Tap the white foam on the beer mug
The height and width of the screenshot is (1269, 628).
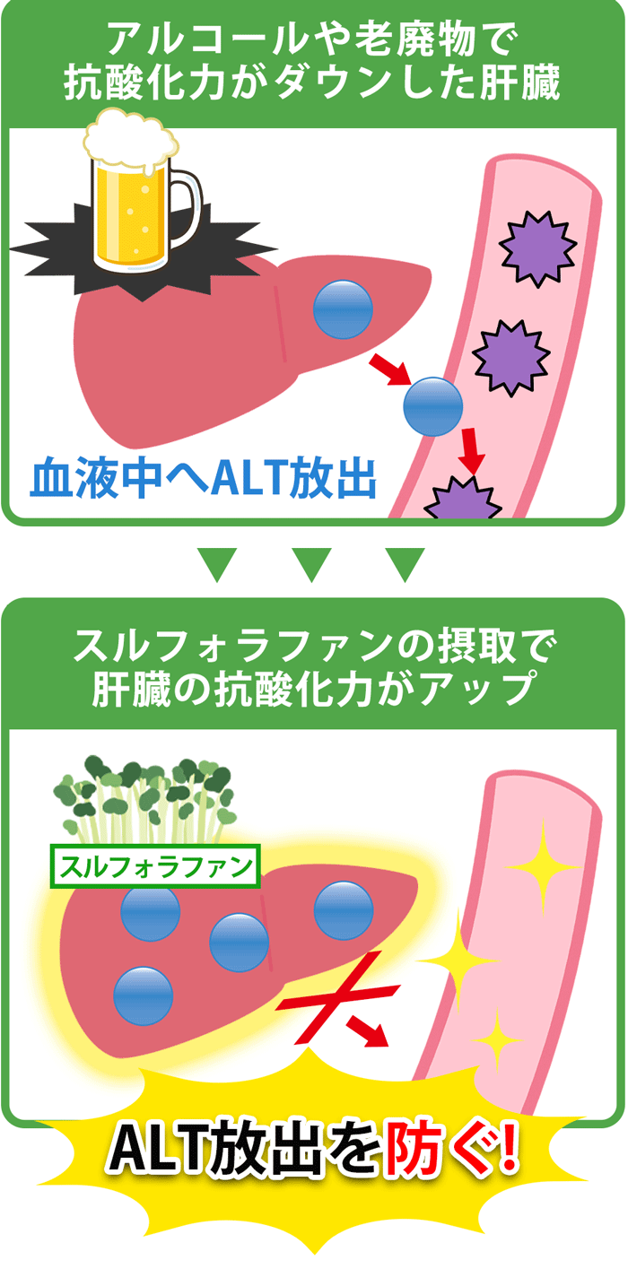point(130,137)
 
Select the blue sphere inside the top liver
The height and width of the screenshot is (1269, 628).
point(343,309)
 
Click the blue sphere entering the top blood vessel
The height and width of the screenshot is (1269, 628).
point(433,407)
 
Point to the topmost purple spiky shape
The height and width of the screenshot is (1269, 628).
point(537,248)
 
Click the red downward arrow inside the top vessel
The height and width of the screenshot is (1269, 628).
point(471,450)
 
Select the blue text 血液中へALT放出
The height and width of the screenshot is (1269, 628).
point(203,479)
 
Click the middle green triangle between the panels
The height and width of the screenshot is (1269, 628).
point(311,565)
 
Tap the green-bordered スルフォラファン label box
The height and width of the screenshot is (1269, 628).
point(155,866)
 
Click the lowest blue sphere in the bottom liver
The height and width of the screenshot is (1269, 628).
point(143,996)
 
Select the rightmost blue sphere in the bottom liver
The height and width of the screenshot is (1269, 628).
point(344,910)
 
